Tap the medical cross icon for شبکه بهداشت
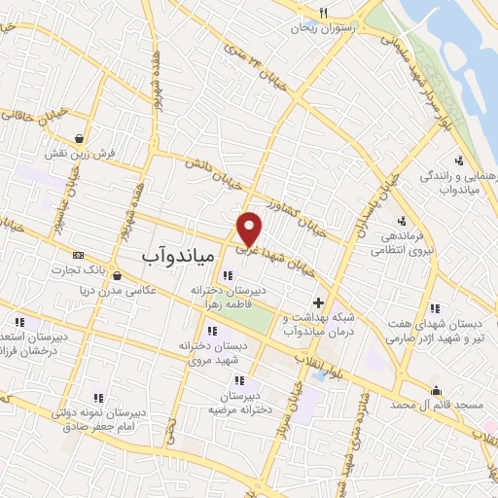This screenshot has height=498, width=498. pyautogui.click(x=319, y=303)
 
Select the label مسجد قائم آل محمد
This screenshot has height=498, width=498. pyautogui.click(x=437, y=404)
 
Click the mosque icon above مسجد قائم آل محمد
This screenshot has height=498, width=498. pyautogui.click(x=434, y=390)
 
